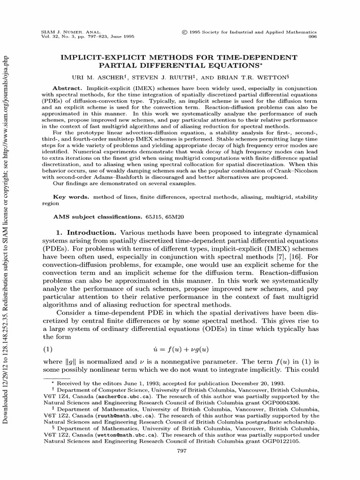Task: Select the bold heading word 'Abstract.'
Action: pos(68,88)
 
